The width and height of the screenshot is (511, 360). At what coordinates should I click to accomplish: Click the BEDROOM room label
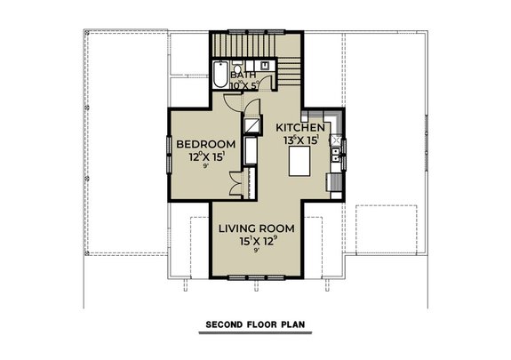coord(205,145)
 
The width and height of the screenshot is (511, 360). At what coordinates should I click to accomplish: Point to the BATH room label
coord(244,76)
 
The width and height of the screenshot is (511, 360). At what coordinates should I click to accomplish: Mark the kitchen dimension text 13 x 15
coord(300,140)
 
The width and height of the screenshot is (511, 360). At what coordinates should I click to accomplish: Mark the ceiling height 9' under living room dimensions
coord(257,252)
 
